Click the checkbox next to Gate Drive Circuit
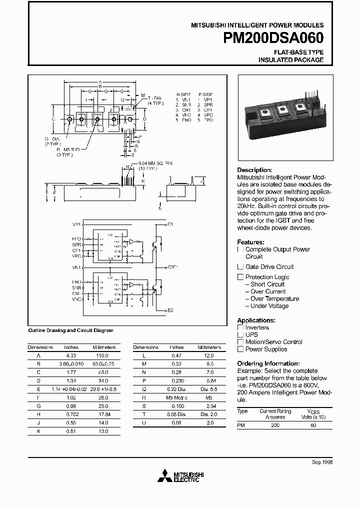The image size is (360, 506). [240, 267]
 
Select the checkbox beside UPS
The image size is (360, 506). [240, 335]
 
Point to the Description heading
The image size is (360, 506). [254, 170]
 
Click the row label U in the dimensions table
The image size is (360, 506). [144, 422]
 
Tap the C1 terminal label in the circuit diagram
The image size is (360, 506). [170, 224]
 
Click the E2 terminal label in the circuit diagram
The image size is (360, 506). [170, 310]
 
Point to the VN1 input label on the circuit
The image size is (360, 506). [76, 268]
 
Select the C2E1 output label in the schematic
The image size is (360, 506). [172, 267]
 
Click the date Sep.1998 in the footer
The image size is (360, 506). [322, 462]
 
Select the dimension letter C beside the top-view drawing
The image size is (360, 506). [53, 119]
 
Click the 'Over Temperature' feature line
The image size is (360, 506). [274, 299]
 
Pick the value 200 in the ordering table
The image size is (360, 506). [275, 425]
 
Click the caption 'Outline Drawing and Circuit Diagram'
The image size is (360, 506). [70, 330]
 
